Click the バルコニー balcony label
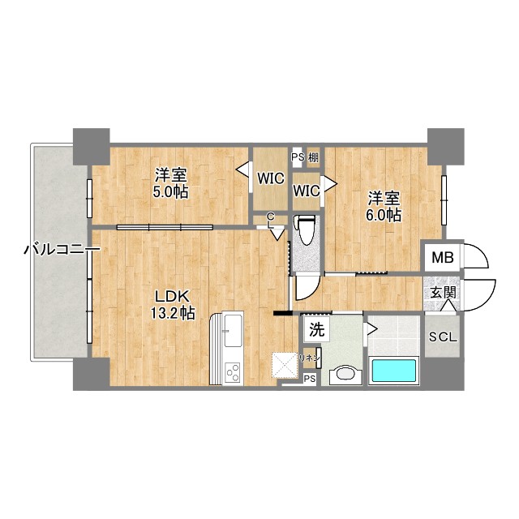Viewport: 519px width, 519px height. (50, 251)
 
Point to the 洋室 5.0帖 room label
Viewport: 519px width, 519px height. (171, 183)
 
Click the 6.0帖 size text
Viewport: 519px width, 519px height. (384, 215)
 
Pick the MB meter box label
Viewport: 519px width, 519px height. (442, 259)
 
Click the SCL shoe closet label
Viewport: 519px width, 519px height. (442, 338)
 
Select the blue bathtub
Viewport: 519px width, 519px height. (393, 371)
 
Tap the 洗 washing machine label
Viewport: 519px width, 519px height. (316, 330)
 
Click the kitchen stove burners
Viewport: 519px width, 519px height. (232, 372)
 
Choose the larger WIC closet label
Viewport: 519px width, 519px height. (271, 178)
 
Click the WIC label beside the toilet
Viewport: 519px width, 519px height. (306, 191)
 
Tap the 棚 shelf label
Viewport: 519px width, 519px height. (313, 158)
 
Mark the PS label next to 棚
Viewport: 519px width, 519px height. (297, 158)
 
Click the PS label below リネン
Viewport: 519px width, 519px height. (310, 379)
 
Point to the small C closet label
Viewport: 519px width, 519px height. (270, 216)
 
